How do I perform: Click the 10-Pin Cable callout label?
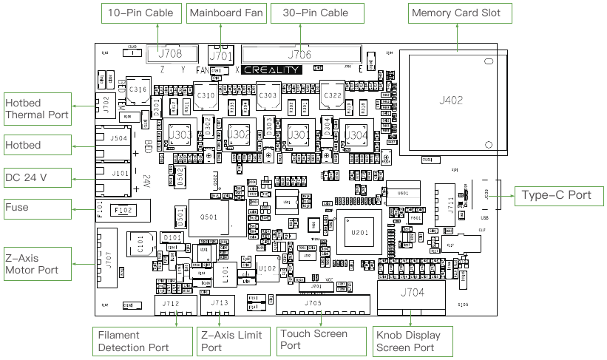pyautogui.click(x=140, y=13)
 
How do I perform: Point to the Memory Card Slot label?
pyautogui.click(x=456, y=13)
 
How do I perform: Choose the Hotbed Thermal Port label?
pyautogui.click(x=37, y=108)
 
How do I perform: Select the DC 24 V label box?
pyautogui.click(x=37, y=178)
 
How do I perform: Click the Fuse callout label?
pyautogui.click(x=37, y=207)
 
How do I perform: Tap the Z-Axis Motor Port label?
pyautogui.click(x=37, y=264)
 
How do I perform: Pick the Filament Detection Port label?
pyautogui.click(x=134, y=342)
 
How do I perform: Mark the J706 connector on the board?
pyautogui.click(x=299, y=55)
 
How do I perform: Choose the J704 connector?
pyautogui.click(x=413, y=293)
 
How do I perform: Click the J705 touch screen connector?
pyautogui.click(x=313, y=303)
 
